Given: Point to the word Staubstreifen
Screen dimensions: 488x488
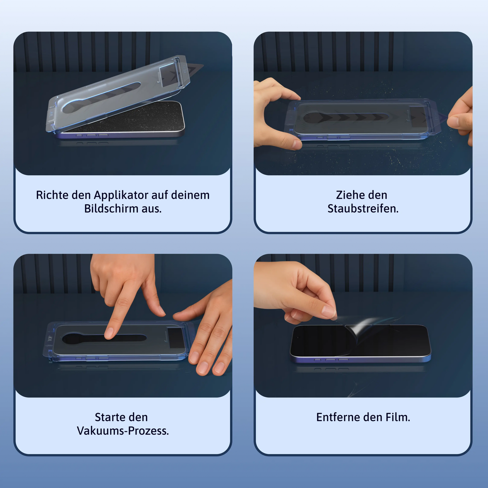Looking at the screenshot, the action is tap(363, 209).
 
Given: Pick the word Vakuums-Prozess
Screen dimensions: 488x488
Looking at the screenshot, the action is tap(123, 431).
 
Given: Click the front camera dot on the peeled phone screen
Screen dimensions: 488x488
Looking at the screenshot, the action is tap(298, 338).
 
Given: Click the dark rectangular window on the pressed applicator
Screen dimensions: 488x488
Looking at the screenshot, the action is tap(176, 338).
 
